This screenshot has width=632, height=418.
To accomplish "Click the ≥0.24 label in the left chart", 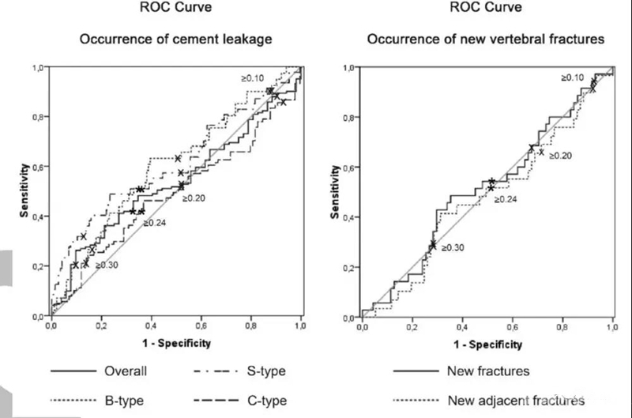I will (156, 224).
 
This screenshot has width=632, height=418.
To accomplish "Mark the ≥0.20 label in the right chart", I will (559, 156).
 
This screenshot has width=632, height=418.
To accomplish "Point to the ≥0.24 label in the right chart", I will (506, 198).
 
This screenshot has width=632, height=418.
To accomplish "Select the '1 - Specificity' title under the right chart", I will (487, 345).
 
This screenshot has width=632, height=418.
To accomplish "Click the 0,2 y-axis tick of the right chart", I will (349, 267).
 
